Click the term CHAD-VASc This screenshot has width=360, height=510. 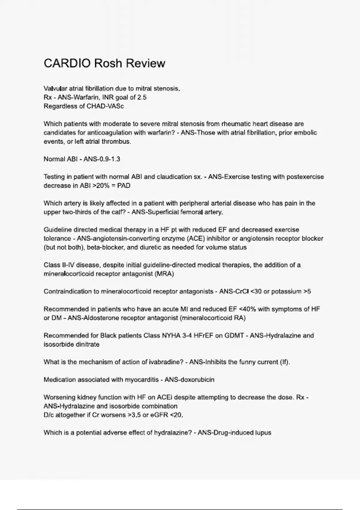point(105,106)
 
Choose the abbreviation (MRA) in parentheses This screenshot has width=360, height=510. point(164,274)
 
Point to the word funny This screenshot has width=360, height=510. point(248,362)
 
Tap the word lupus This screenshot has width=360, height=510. point(263,433)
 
